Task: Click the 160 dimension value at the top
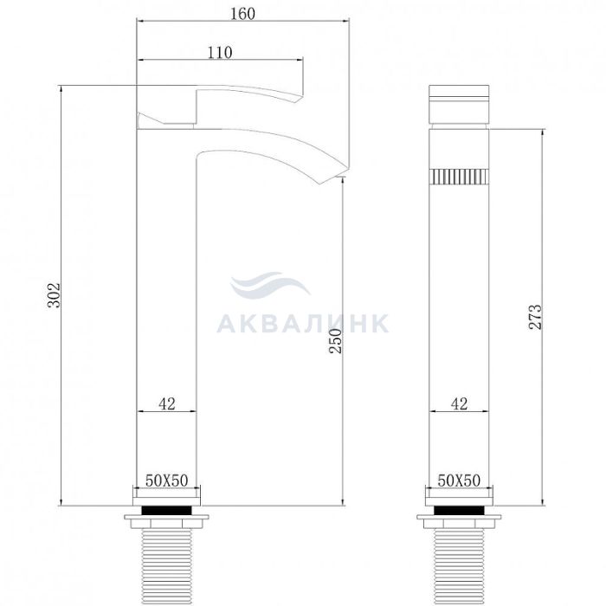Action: [242, 14]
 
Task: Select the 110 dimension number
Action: [220, 53]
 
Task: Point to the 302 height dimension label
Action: [54, 295]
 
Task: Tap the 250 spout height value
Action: [335, 340]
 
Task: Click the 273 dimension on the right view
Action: [535, 317]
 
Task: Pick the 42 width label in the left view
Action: [167, 404]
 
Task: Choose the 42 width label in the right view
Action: [459, 404]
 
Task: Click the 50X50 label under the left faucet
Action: [166, 480]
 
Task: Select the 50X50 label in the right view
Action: [459, 480]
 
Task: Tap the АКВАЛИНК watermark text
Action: [303, 323]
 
